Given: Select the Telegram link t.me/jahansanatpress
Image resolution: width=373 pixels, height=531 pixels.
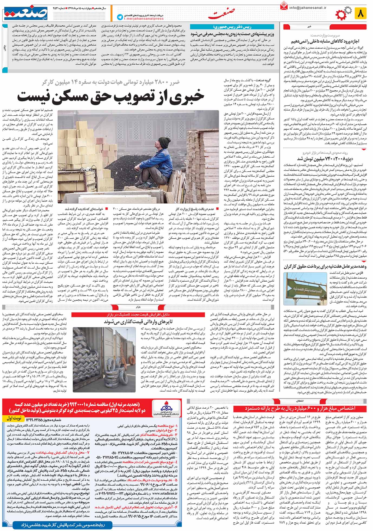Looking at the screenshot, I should pyautogui.click(x=138, y=19).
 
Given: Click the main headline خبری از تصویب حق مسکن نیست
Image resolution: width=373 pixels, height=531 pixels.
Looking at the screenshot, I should pyautogui.click(x=111, y=97).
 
